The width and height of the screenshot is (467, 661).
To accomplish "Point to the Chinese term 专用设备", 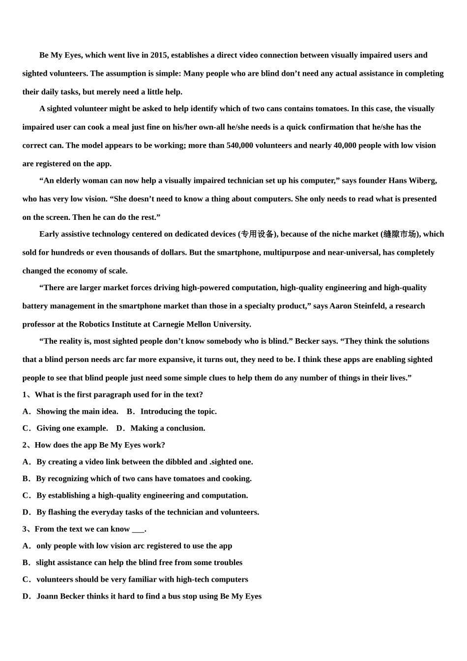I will pos(258,234).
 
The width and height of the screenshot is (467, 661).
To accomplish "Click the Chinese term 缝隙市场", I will pos(400,234).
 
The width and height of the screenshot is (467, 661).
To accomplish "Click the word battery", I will pos(36,306).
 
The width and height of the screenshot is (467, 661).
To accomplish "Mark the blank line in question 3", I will pos(138,529).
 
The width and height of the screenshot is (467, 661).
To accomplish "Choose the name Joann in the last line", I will pos(47,596).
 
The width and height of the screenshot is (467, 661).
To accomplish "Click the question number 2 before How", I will pos(25,445).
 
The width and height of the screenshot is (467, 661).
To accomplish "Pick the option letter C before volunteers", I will pos(26,579).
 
